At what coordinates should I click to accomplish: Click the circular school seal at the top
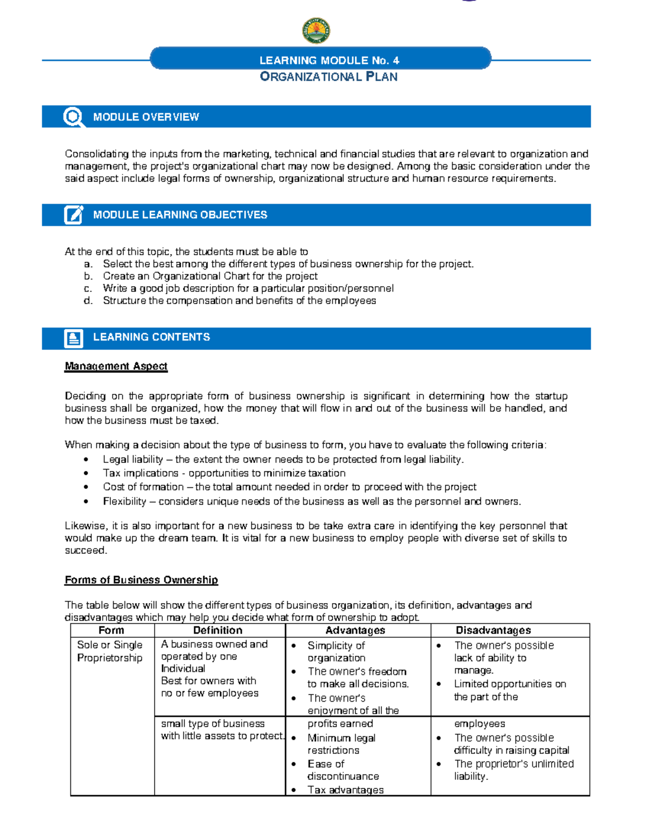[316, 30]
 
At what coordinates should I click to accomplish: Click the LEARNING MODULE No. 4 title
[329, 60]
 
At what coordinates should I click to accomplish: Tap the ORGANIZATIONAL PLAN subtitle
[329, 77]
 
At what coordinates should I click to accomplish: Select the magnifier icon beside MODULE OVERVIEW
[73, 117]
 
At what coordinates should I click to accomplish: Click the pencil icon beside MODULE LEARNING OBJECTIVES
[74, 215]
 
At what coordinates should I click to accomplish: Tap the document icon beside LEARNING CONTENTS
[74, 338]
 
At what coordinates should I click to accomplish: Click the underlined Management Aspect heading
[116, 366]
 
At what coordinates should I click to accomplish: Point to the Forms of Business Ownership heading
[141, 580]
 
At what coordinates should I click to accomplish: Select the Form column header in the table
[111, 630]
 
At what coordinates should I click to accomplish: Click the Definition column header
[218, 630]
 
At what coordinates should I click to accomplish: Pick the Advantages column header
[355, 630]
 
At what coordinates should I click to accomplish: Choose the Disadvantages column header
[493, 630]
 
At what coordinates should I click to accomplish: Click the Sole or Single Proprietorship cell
[110, 651]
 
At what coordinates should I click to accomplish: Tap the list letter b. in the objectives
[88, 276]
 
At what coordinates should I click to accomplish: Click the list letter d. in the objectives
[88, 301]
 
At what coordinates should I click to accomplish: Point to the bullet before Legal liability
[86, 460]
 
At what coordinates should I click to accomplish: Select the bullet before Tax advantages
[294, 790]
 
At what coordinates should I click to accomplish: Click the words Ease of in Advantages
[326, 764]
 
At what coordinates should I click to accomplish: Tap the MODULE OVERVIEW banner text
[146, 117]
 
